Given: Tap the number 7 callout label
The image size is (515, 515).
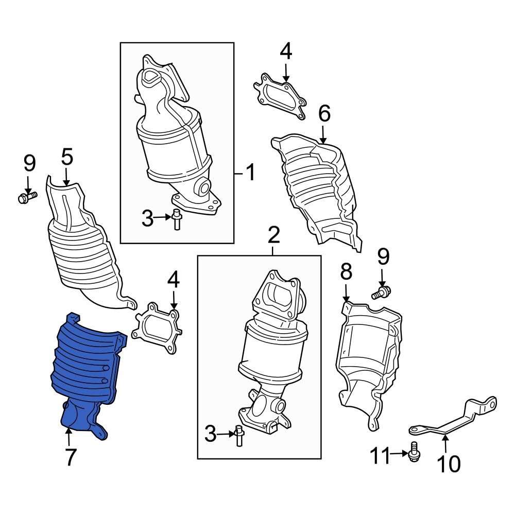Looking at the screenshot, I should (71, 457).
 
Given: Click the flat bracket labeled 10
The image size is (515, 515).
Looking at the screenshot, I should (453, 417).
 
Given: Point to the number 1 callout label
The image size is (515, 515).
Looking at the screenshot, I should (249, 173).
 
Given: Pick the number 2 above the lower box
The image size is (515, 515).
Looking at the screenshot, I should (273, 235).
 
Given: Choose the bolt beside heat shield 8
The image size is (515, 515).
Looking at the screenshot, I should (382, 294).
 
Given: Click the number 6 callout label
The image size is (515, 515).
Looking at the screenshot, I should (323, 114).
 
